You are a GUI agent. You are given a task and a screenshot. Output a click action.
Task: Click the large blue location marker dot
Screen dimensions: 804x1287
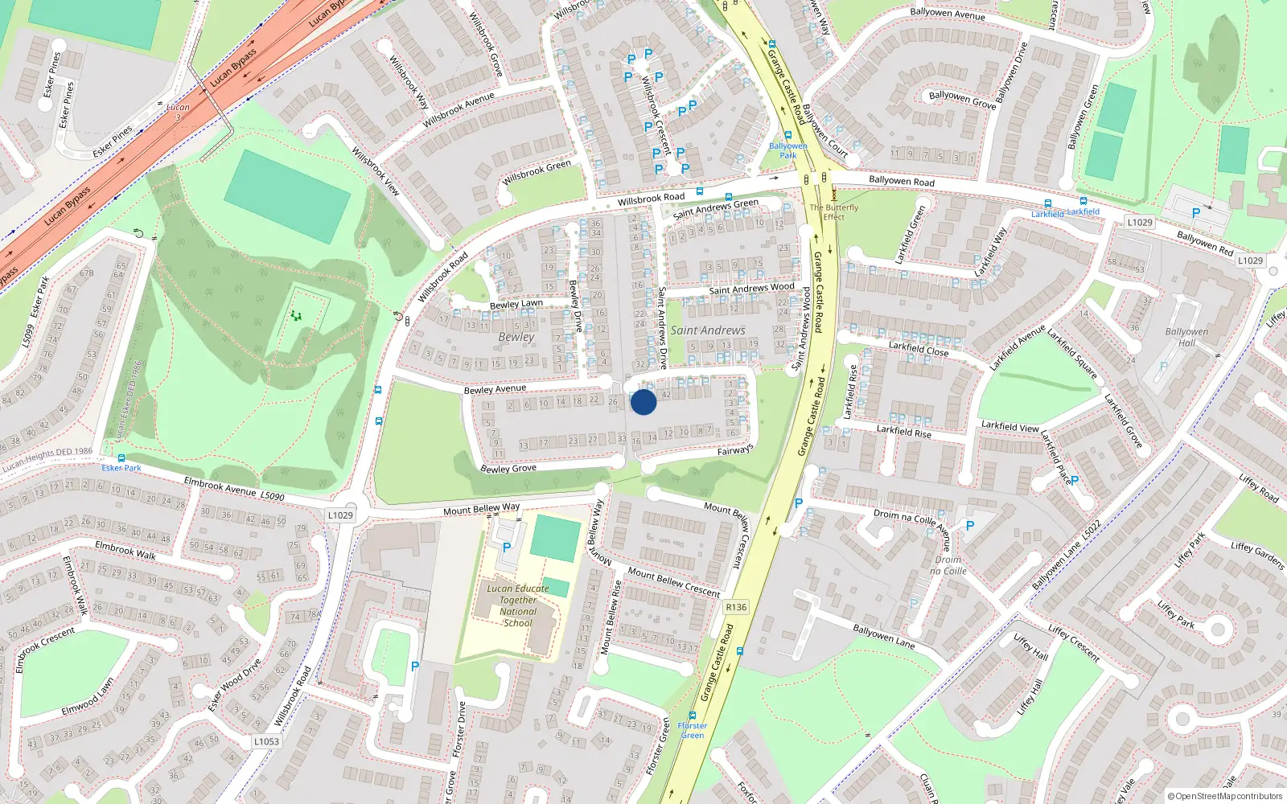(x=643, y=402)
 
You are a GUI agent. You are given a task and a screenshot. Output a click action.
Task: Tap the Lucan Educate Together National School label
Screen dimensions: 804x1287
(x=518, y=605)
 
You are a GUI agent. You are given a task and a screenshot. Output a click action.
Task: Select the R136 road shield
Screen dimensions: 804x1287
(x=735, y=607)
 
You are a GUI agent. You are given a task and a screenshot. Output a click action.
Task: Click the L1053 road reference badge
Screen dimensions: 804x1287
(x=266, y=741)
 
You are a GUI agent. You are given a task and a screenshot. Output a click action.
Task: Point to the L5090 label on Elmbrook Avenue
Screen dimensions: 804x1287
(x=272, y=496)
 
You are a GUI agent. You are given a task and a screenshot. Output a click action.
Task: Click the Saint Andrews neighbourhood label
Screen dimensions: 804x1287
(x=708, y=330)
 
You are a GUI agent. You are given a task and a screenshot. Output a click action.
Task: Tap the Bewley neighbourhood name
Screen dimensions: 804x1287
(x=516, y=337)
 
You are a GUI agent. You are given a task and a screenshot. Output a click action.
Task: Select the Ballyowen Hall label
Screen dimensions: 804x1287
(x=1186, y=337)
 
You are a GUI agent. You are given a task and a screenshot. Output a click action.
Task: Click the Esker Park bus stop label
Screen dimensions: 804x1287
(x=121, y=468)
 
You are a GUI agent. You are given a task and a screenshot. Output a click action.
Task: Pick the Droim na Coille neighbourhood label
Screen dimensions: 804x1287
(x=948, y=565)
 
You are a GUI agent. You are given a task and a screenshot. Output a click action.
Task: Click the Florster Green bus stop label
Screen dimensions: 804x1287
(x=693, y=730)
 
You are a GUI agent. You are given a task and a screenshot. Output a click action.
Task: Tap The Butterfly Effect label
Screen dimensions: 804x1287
(x=834, y=211)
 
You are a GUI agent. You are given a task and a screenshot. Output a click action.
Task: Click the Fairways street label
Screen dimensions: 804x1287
(x=735, y=450)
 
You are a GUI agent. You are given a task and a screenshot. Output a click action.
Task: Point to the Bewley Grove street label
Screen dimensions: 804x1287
(x=508, y=468)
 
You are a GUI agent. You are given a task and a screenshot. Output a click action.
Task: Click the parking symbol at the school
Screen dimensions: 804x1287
(x=507, y=547)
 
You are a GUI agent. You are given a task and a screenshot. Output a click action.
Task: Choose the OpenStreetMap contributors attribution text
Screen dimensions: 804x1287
(x=1225, y=797)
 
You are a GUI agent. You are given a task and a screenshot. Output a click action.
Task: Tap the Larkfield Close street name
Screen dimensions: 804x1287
(x=919, y=348)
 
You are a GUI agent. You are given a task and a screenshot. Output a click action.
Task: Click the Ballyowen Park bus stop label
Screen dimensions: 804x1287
(x=787, y=150)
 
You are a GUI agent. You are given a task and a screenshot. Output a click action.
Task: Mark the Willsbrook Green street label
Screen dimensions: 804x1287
(x=537, y=172)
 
